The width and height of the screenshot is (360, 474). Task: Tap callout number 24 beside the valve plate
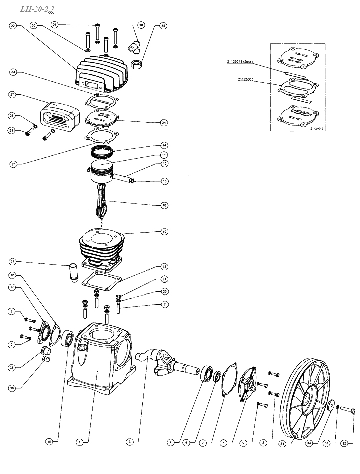pyautogui.click(x=164, y=122)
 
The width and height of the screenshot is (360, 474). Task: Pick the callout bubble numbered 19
pyautogui.click(x=164, y=231)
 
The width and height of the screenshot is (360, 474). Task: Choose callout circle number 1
pyautogui.click(x=79, y=442)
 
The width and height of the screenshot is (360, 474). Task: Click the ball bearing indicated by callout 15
pyautogui.click(x=67, y=339)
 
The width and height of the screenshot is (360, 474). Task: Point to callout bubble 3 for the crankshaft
pyautogui.click(x=129, y=442)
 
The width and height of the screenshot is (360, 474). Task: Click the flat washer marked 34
pyautogui.click(x=330, y=406)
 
